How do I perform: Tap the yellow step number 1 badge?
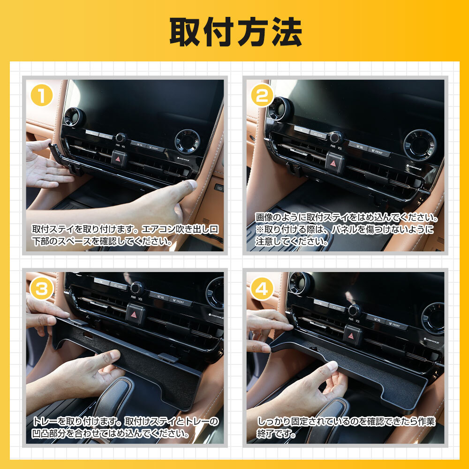(42, 97)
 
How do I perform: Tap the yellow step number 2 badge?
(263, 97)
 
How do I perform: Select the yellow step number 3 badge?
(42, 289)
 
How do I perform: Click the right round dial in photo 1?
(187, 141)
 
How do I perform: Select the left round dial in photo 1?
(74, 116)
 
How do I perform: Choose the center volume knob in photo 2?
(336, 137)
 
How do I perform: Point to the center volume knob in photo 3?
(137, 287)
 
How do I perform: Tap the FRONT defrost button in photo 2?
(378, 151)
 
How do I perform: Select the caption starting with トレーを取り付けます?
(125, 427)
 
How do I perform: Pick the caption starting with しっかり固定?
(346, 427)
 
